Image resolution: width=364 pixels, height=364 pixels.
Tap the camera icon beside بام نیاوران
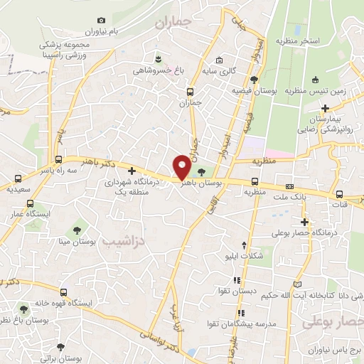(101, 20)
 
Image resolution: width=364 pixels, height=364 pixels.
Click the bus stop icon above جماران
(190, 91)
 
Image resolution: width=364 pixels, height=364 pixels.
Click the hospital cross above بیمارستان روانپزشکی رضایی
(325, 108)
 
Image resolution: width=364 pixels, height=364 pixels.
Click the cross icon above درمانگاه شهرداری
(132, 171)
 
